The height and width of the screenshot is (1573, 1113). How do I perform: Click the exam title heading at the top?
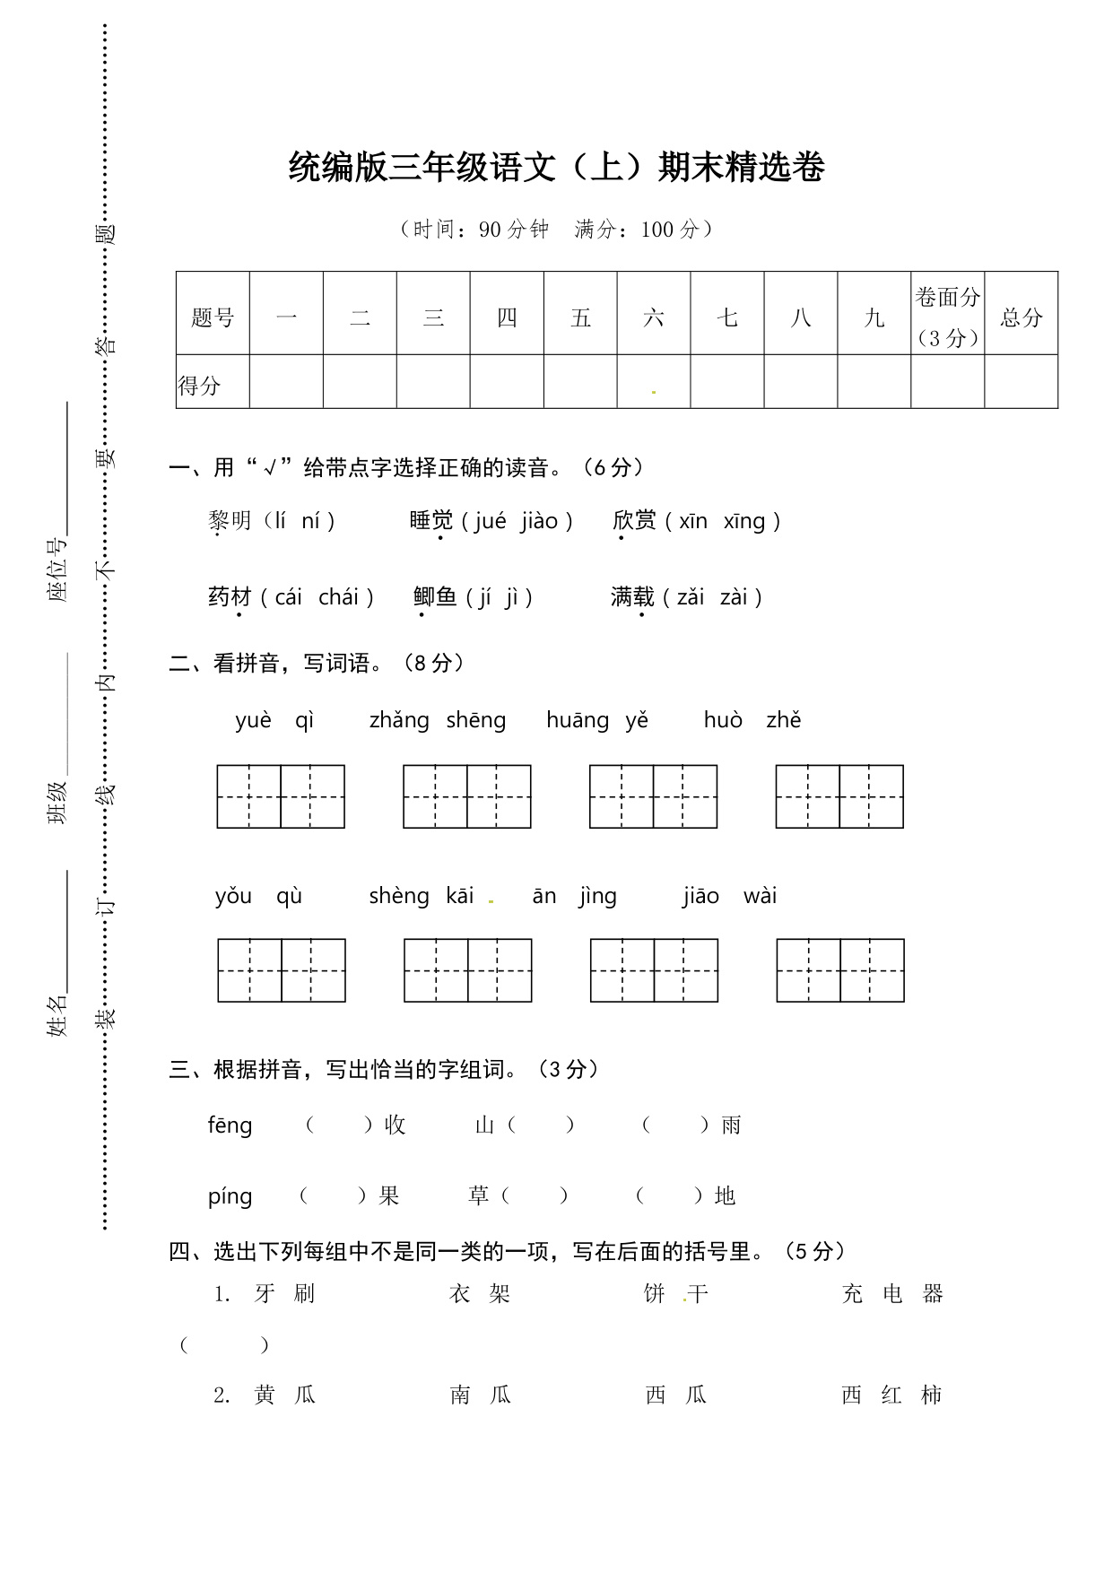point(556,168)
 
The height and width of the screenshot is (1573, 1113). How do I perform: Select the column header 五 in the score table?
point(580,317)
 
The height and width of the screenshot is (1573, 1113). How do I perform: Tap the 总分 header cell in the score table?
point(1022,317)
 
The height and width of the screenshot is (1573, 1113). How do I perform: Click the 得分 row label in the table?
point(200,386)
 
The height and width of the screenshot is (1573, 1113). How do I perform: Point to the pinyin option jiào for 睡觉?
point(539,521)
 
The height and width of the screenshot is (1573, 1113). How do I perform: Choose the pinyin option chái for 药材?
point(338,597)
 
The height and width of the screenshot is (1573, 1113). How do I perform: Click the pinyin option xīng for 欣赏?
point(743,521)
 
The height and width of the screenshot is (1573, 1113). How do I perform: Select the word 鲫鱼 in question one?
point(435,597)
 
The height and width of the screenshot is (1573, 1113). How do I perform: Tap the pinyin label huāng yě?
point(596,720)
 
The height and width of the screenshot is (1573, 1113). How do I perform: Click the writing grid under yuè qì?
point(281,796)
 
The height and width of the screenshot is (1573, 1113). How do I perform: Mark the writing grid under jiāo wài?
point(840,970)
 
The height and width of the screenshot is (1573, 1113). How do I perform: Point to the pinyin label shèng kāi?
point(421,896)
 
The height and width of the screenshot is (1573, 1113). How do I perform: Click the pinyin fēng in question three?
point(230,1125)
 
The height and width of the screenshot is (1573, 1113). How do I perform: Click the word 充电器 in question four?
point(892,1294)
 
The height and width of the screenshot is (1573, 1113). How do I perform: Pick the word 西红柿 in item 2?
point(891,1395)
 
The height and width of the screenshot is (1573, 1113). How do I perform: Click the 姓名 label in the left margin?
point(57,1015)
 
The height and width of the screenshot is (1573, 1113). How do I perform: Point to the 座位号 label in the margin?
point(57,570)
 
